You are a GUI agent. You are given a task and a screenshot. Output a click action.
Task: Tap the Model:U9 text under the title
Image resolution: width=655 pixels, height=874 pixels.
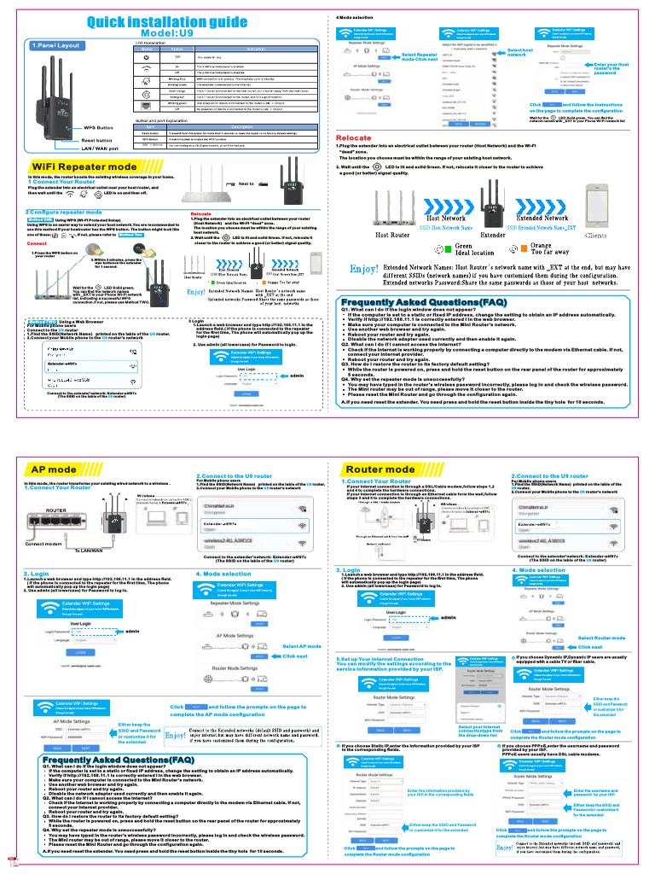167,34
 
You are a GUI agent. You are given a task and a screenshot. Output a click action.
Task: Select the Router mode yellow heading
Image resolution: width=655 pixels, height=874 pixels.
380,469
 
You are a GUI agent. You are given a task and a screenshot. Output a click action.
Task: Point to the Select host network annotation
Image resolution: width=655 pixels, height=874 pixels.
519,53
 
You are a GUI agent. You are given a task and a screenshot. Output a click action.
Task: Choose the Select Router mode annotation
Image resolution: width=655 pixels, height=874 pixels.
601,638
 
